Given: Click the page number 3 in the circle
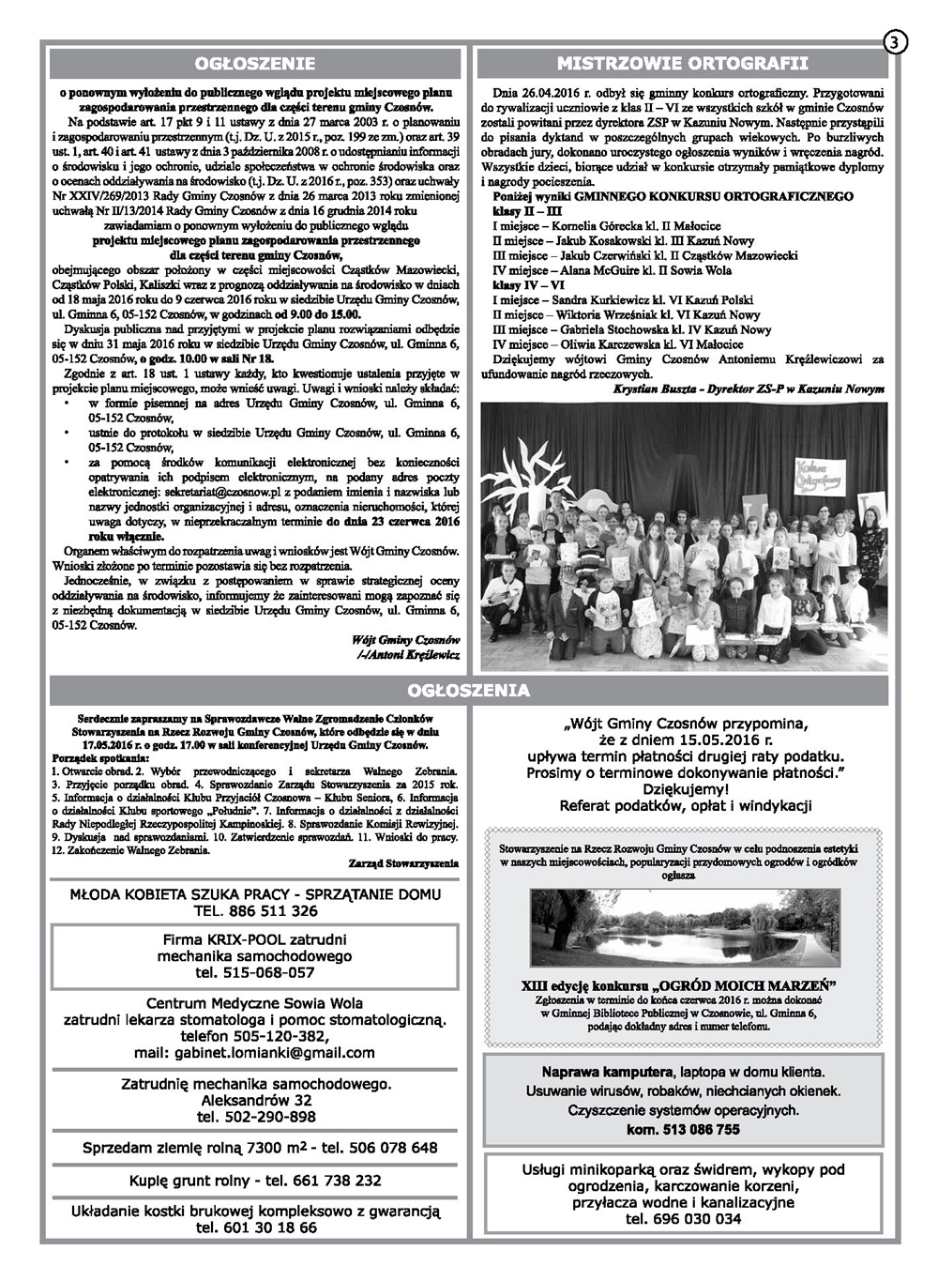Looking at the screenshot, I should point(896,42).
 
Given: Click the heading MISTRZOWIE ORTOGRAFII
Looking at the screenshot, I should point(682,64).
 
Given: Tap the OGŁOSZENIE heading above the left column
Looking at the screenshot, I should point(254,64).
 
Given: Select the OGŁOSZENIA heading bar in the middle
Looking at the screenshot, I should point(469,691).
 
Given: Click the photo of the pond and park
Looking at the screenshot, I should point(682,927).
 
